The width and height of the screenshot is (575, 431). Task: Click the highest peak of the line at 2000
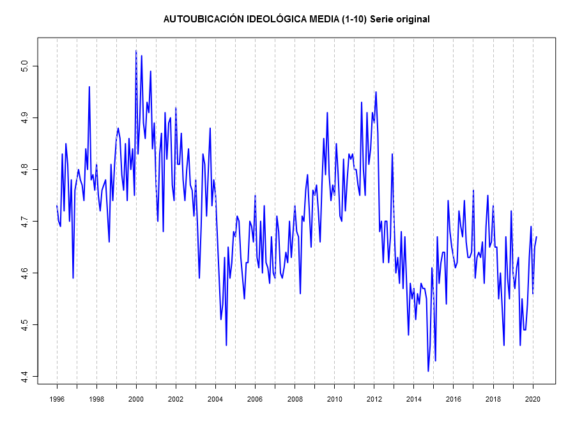pyautogui.click(x=136, y=51)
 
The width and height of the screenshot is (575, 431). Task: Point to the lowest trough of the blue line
pyautogui.click(x=428, y=371)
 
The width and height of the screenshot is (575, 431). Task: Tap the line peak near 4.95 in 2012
pyautogui.click(x=376, y=92)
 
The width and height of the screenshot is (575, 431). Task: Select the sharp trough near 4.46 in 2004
pyautogui.click(x=226, y=345)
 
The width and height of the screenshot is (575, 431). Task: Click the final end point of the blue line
pyautogui.click(x=536, y=237)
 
